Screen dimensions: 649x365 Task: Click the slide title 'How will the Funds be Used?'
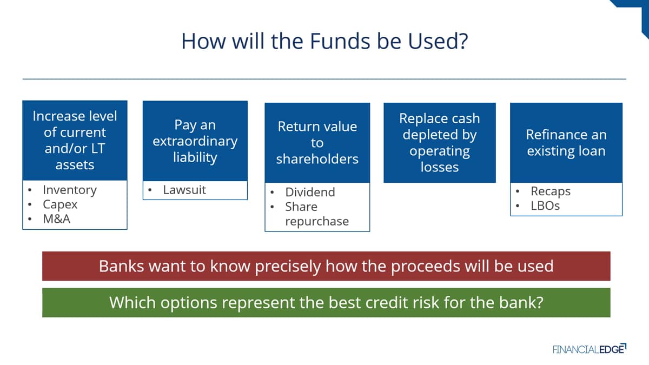coord(325,41)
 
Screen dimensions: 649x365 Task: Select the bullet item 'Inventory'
coord(70,190)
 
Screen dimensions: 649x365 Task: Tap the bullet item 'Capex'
coord(60,205)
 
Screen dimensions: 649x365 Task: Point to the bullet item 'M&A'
coord(56,219)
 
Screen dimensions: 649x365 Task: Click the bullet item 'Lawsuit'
coord(184,190)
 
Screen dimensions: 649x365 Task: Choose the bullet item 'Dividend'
coord(310,192)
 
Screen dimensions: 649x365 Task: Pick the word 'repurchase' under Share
coord(317,222)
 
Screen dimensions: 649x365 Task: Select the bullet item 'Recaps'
coord(551,191)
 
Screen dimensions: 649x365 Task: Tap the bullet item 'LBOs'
coord(545,206)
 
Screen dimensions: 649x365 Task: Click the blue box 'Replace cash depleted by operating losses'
coord(440,143)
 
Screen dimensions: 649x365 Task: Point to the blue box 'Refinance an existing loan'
coord(566,143)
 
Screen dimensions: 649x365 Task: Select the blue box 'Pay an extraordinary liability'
coord(195,141)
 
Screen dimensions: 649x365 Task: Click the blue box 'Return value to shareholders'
coord(317,143)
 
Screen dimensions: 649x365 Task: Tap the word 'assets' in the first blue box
coord(75,165)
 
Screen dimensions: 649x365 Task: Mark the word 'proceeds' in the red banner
coord(425,267)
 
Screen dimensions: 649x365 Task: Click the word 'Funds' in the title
coord(340,41)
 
